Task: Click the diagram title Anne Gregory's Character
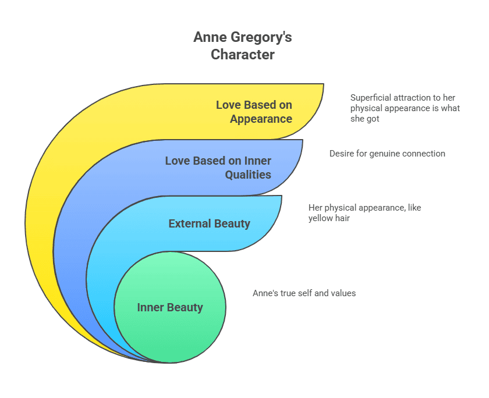coord(243,47)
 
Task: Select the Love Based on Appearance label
coord(254,112)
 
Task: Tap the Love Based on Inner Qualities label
coord(218,167)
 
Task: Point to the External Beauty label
coord(209,223)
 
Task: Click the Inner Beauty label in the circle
coord(170,307)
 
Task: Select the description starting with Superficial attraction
coord(405,108)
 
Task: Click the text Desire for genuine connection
coord(387,154)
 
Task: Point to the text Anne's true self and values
coord(304,293)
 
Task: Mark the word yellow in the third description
coord(322,218)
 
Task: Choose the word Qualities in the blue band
coord(249,174)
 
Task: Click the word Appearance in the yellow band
coord(261,119)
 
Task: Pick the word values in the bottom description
coord(343,293)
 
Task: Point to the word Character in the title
coord(243,55)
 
